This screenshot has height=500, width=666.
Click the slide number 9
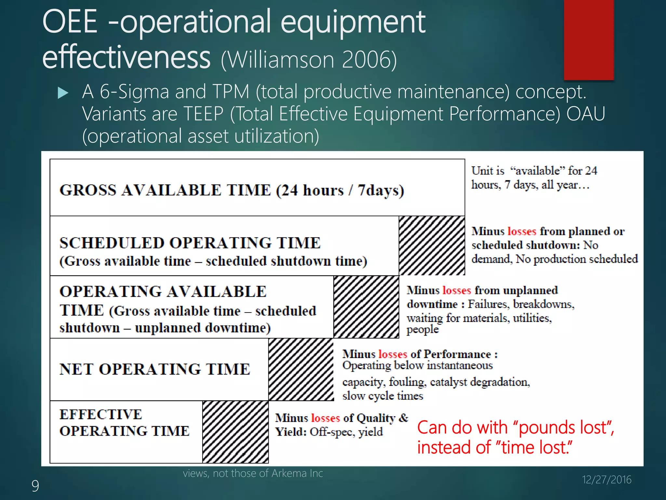pos(35,486)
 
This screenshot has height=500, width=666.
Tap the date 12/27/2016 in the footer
pos(606,479)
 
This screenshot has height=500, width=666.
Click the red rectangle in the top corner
pos(589,39)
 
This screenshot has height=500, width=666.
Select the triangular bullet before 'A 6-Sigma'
pos(63,93)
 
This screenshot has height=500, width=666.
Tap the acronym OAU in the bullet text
pos(586,114)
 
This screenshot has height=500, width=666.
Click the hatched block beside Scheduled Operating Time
pos(432,246)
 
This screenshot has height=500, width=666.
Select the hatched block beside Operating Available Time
pos(366,307)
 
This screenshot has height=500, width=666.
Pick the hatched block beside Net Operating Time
pos(301,369)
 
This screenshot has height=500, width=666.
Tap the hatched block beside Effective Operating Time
pos(235,432)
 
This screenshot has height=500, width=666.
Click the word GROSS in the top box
pos(88,190)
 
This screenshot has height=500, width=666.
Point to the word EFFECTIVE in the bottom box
pos(101,414)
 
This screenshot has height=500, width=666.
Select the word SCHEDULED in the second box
pos(112,243)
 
